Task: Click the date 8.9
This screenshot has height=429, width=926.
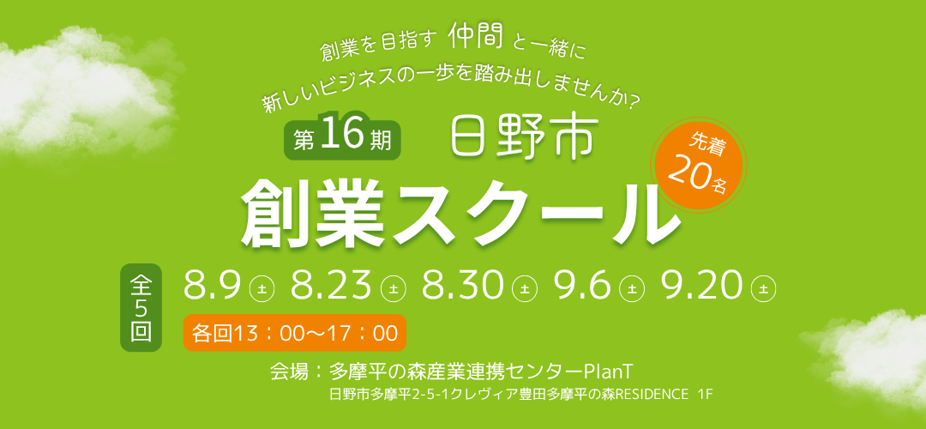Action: click(212, 285)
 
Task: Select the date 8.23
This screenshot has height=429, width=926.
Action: click(330, 285)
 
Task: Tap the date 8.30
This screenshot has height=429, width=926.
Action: click(462, 285)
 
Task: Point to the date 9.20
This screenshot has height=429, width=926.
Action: click(701, 285)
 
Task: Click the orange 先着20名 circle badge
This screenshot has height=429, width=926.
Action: click(699, 165)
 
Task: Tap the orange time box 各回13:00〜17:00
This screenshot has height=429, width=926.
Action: click(295, 333)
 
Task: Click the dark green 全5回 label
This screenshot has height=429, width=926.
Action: click(141, 307)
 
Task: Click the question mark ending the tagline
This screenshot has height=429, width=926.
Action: click(633, 104)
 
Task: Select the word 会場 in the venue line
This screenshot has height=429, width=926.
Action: click(289, 372)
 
